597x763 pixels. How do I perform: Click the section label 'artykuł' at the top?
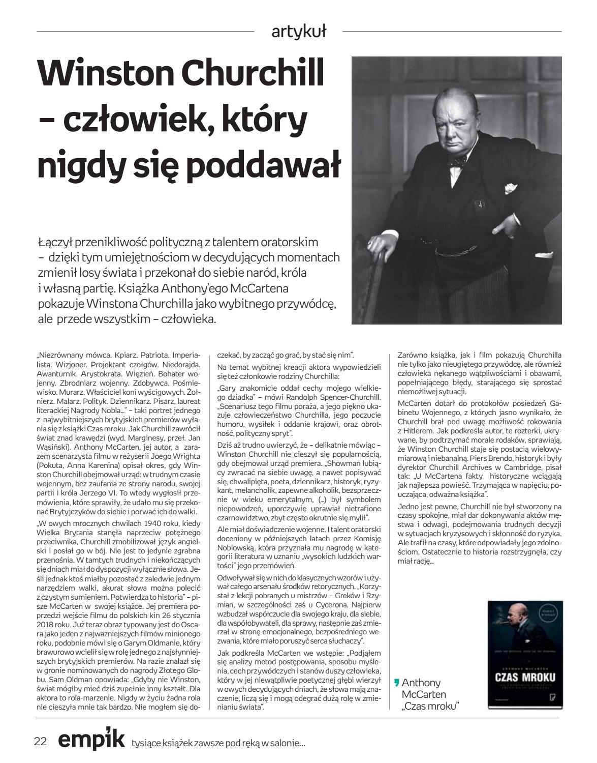pyautogui.click(x=299, y=32)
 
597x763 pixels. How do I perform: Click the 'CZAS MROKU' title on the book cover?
pyautogui.click(x=525, y=678)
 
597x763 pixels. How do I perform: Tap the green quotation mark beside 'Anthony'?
pyautogui.click(x=397, y=683)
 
